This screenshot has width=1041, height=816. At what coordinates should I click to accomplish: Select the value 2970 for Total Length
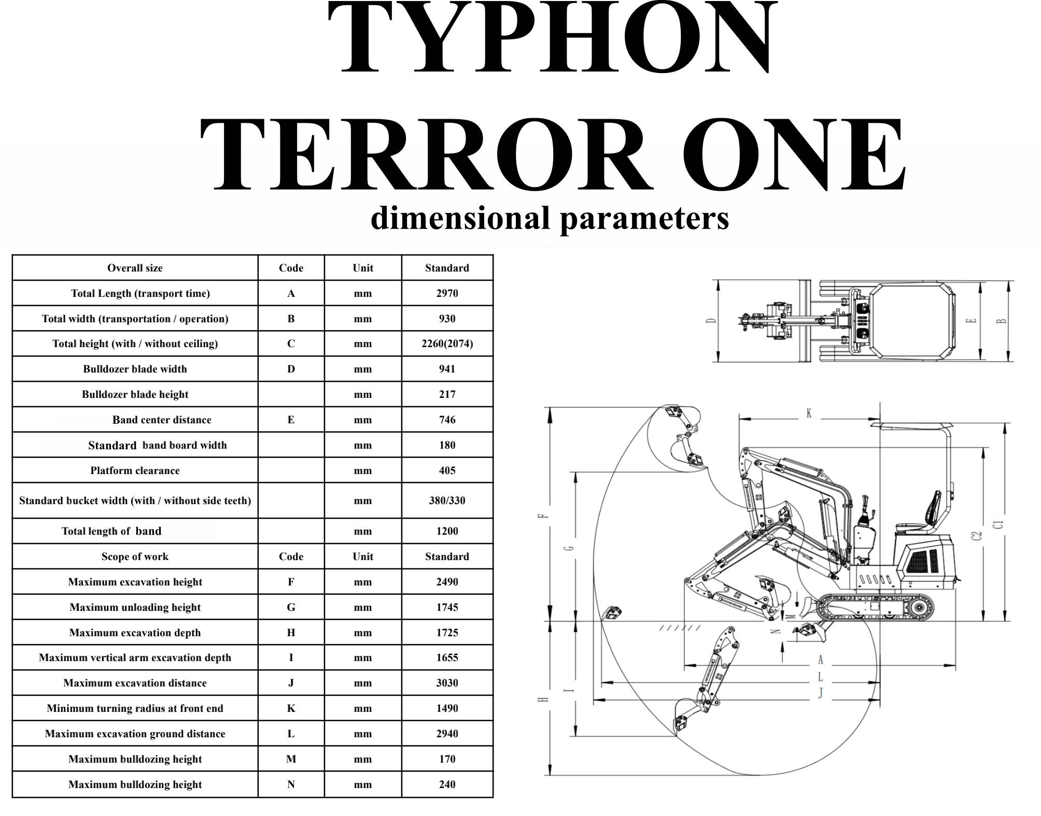tap(447, 293)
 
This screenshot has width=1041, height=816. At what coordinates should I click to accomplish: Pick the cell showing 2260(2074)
tap(447, 343)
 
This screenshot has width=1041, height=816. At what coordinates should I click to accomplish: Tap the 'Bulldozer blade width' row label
tap(135, 369)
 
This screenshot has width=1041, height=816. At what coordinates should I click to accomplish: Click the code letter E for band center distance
tap(291, 420)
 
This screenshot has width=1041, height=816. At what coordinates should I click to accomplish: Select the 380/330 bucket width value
tap(447, 500)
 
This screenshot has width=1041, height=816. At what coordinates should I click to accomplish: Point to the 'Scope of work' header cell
tap(135, 556)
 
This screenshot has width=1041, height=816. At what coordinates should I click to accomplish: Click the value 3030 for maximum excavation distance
tap(447, 683)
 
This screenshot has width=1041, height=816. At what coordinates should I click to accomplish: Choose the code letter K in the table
tap(291, 708)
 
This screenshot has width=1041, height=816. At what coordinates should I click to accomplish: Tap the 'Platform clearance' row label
tap(135, 470)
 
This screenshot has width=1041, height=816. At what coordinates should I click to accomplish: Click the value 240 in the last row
tap(447, 784)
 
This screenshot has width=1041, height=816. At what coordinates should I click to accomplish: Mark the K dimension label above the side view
tap(809, 413)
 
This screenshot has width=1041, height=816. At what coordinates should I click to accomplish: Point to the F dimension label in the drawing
tap(543, 516)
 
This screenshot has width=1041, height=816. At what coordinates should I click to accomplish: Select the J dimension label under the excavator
tap(821, 693)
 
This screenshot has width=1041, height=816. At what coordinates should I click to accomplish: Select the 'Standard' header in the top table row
tap(447, 268)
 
